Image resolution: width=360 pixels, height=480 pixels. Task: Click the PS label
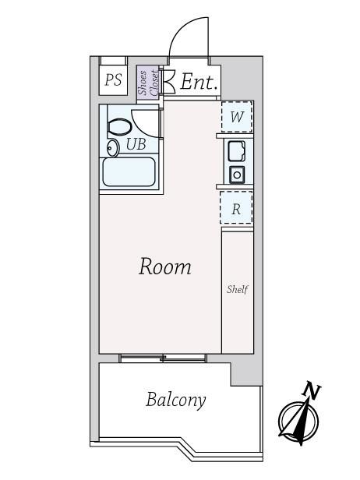[113, 80]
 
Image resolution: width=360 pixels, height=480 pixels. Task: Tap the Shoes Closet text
[148, 82]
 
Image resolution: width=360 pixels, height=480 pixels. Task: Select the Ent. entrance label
[198, 82]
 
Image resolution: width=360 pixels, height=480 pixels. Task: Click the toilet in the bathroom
[120, 127]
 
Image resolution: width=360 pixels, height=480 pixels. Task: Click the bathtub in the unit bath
[129, 171]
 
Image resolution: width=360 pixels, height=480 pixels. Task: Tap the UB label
[136, 144]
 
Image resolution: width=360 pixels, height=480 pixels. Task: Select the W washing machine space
[237, 117]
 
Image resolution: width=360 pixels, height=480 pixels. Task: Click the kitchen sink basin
[236, 151]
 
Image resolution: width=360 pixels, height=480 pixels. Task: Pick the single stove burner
[237, 175]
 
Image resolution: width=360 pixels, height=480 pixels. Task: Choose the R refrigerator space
[236, 208]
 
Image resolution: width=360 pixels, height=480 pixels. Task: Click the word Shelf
[237, 289]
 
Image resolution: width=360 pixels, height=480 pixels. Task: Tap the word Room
[165, 266]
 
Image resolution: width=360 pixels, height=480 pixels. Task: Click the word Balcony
[176, 400]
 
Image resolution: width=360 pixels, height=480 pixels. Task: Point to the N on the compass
[312, 390]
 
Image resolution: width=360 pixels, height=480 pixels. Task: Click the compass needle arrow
[299, 420]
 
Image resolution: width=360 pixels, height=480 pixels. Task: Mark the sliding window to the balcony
[163, 358]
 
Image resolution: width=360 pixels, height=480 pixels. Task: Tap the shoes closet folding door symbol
[169, 81]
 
